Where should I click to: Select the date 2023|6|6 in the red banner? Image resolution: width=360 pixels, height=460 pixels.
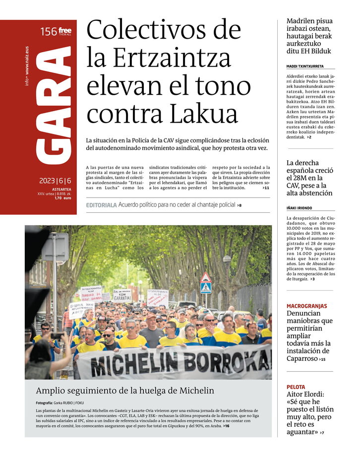(x=55, y=181)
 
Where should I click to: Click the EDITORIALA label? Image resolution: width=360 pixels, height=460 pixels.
(x=101, y=205)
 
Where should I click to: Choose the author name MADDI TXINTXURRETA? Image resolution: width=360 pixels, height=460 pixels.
(x=305, y=66)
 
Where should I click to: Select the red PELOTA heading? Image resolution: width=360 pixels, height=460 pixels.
(x=296, y=387)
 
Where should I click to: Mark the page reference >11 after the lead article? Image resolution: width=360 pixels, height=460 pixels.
(x=266, y=188)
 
